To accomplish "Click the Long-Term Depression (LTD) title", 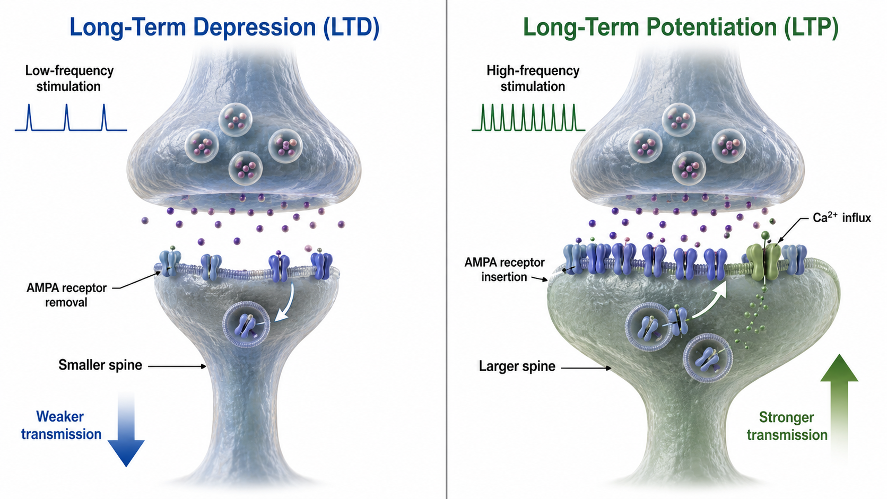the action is point(224,28).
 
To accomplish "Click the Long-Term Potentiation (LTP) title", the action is point(681,28).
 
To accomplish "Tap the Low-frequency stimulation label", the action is point(69,78).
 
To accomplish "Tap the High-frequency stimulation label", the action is point(533,78).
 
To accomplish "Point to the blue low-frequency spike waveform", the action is point(71,118).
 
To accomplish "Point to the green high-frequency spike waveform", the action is point(528,118).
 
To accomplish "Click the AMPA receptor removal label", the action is point(66,295).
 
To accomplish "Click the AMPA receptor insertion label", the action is point(505,269).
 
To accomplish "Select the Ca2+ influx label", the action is point(842,217).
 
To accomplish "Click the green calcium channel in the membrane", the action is point(763,262).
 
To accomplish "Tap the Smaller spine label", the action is point(100,365).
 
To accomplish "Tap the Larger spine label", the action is point(517,366).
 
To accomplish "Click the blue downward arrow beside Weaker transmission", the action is point(126,430).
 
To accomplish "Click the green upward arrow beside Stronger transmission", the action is point(839,408).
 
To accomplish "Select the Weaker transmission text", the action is point(62,425).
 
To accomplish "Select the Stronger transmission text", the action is point(787,426).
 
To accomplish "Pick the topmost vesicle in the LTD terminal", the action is point(236,119).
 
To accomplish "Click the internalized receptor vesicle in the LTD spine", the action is point(247,325).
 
